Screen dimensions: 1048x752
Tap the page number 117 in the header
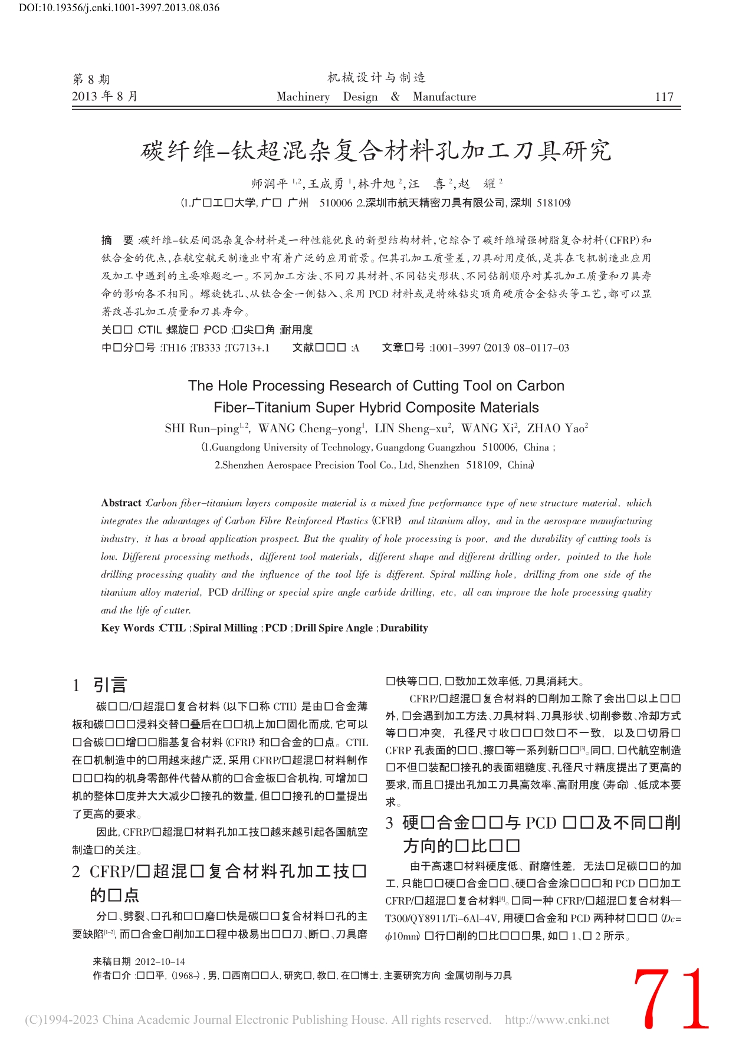664,97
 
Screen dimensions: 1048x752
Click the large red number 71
671,999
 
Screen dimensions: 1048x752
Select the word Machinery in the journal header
303,97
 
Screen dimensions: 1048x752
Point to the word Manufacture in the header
444,97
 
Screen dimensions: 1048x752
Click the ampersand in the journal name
395,97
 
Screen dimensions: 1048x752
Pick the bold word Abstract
121,503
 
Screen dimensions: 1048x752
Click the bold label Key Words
127,628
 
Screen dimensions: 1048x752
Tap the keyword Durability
404,628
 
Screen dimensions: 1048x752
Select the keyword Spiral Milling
225,628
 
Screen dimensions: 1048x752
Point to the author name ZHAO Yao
556,429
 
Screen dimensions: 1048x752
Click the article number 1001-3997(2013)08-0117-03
500,348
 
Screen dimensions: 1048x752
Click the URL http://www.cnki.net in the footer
557,1020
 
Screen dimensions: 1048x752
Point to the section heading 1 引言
100,685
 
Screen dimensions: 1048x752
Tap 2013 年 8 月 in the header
104,96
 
